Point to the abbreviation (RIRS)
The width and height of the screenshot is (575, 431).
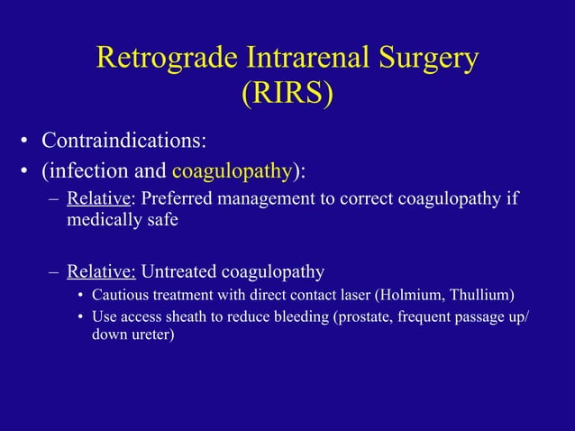pyautogui.click(x=287, y=95)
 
